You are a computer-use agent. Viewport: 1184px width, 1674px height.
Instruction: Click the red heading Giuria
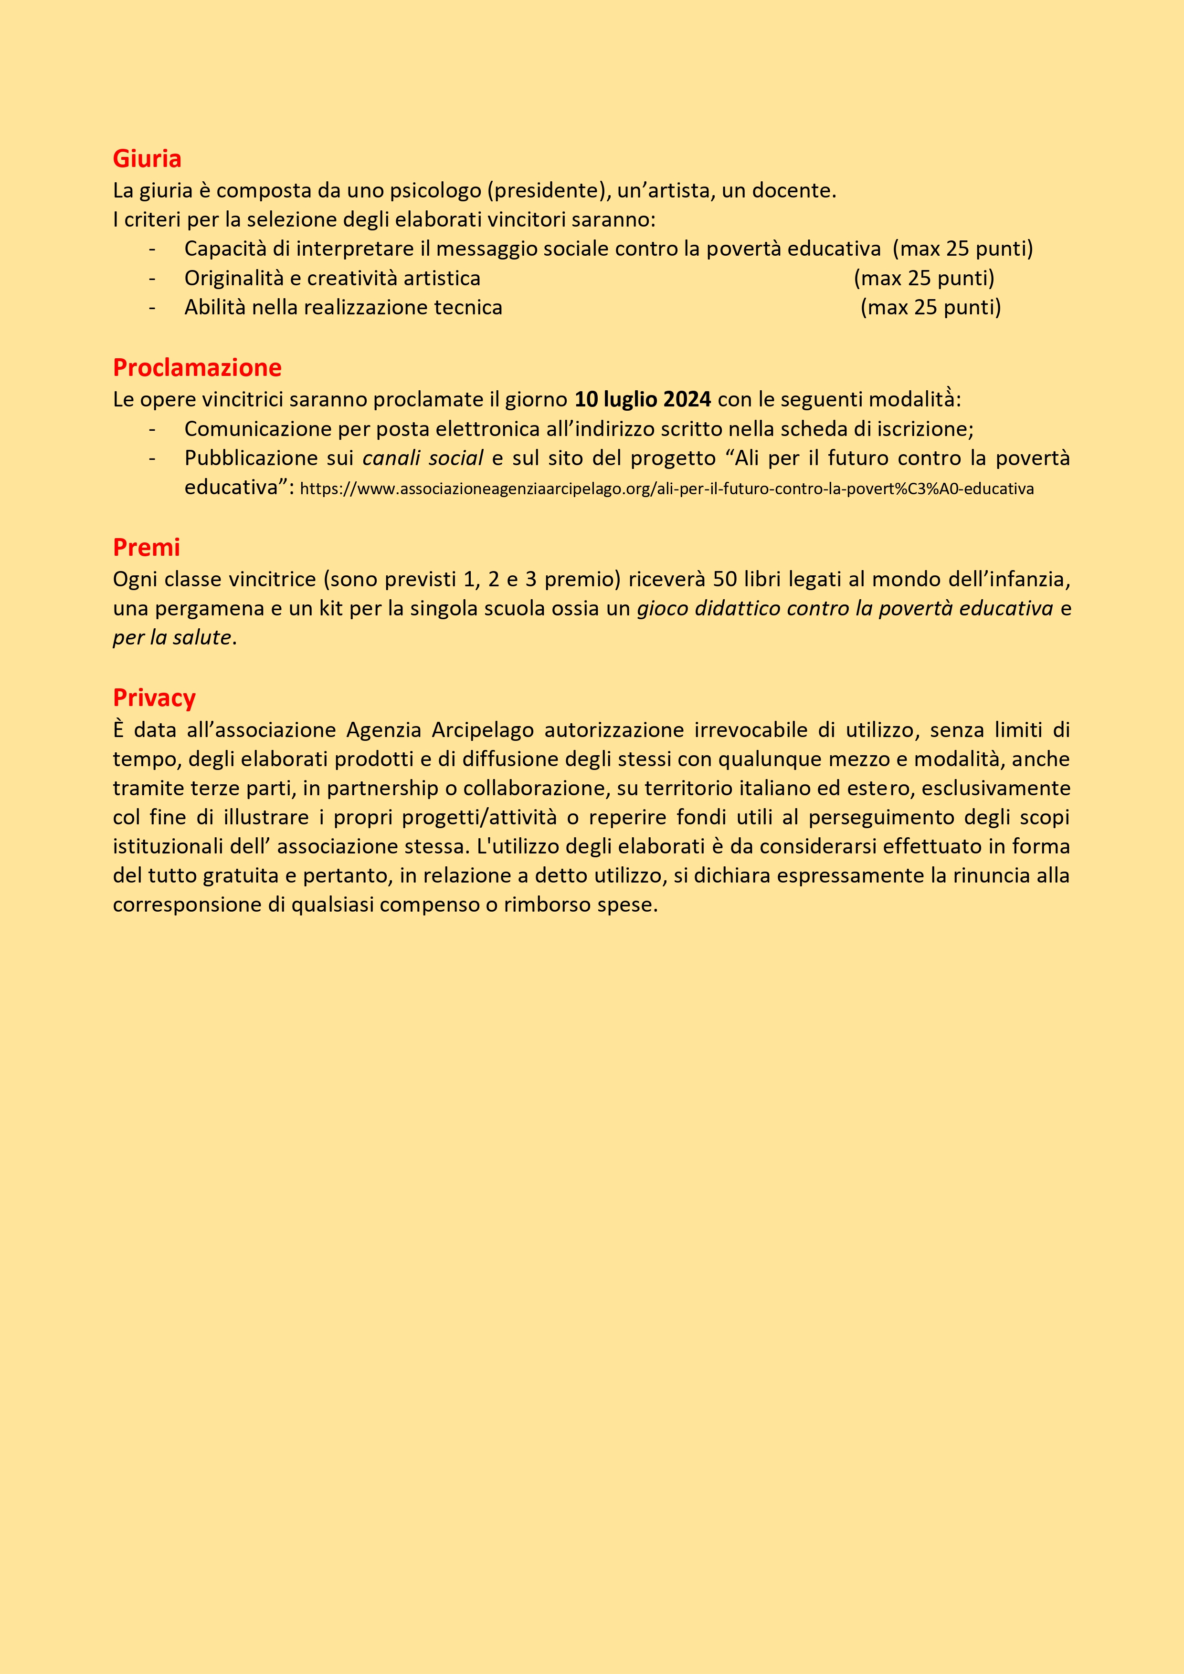[147, 158]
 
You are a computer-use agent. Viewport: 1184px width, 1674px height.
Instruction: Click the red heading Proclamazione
[197, 367]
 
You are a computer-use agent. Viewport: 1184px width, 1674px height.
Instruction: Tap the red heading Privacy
[154, 698]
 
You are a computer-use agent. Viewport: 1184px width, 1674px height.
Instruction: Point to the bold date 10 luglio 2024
[642, 400]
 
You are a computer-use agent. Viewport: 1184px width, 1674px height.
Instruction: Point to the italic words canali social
[423, 458]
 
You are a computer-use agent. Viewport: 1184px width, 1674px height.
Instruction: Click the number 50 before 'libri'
[724, 579]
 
